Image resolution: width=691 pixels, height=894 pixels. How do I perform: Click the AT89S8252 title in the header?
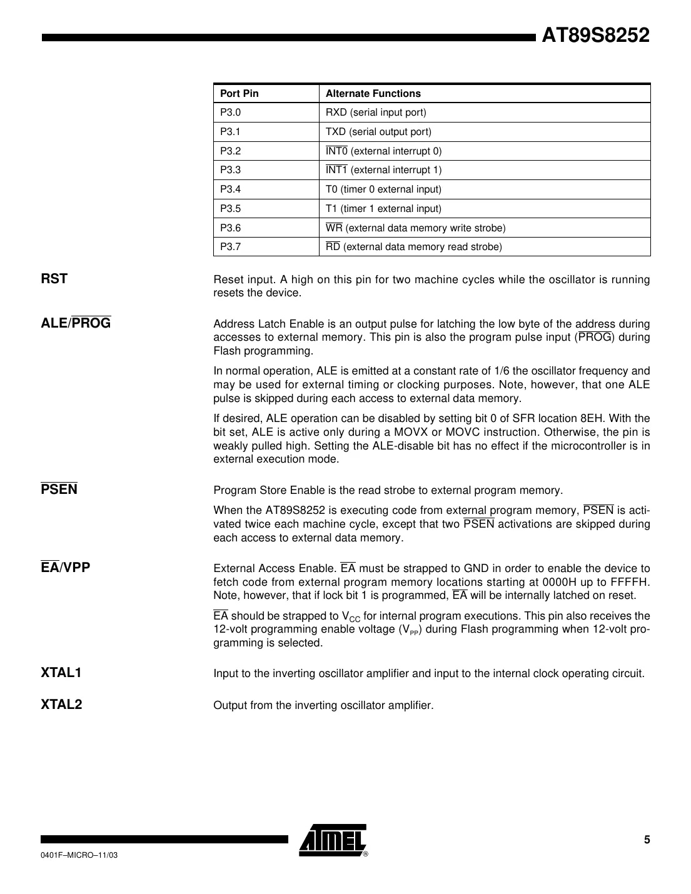click(x=595, y=36)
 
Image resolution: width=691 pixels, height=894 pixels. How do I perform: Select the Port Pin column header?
click(x=239, y=94)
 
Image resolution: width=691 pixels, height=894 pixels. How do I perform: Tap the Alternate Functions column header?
click(x=373, y=94)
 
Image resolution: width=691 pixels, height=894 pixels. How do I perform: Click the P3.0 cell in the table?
click(x=230, y=113)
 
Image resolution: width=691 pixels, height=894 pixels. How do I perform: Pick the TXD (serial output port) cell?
click(x=378, y=132)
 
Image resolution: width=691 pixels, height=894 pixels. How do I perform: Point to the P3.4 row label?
click(x=230, y=189)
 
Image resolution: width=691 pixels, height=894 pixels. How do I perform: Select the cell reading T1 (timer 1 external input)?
click(x=383, y=209)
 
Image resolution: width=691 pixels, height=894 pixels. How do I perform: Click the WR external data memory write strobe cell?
click(x=415, y=228)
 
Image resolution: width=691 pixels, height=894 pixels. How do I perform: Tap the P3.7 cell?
click(x=230, y=247)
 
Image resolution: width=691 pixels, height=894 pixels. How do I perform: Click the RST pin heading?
click(x=54, y=279)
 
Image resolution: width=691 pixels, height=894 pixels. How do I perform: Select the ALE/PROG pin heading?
click(x=76, y=323)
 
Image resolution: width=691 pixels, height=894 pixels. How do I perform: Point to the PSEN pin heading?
click(x=59, y=490)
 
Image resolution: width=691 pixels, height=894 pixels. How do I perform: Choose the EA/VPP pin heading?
click(x=66, y=568)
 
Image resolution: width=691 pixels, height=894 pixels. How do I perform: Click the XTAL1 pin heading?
click(x=61, y=673)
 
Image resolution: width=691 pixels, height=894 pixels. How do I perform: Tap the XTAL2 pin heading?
click(x=61, y=705)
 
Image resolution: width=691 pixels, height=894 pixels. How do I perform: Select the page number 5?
click(x=647, y=840)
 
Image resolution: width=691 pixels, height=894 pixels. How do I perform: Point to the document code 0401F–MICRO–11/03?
click(x=79, y=855)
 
